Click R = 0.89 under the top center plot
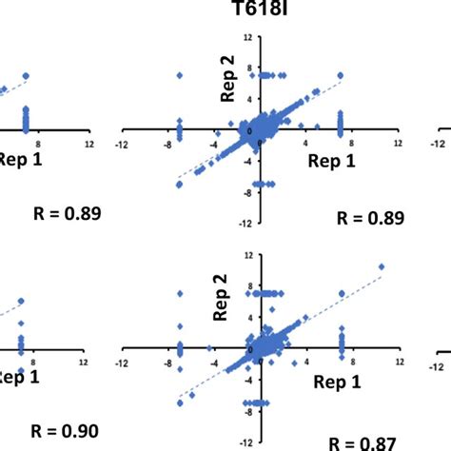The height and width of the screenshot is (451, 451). pos(371,218)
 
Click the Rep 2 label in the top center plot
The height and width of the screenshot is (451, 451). pos(227,77)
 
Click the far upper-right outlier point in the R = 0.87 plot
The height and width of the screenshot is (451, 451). pos(381,266)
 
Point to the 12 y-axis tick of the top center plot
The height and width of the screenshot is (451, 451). pos(246,37)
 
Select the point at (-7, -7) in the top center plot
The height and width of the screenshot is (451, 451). pos(178,185)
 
